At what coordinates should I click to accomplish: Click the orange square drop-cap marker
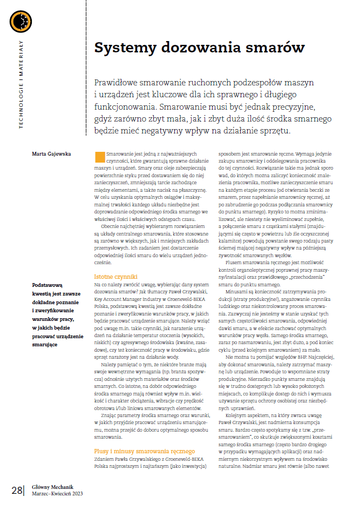[99, 157]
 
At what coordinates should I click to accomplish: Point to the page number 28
[16, 489]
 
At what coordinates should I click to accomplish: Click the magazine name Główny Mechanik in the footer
[53, 486]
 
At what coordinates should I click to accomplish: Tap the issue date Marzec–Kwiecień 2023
[57, 494]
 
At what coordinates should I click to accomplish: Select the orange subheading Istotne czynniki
[116, 276]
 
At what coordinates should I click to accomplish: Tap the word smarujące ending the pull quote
[46, 345]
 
